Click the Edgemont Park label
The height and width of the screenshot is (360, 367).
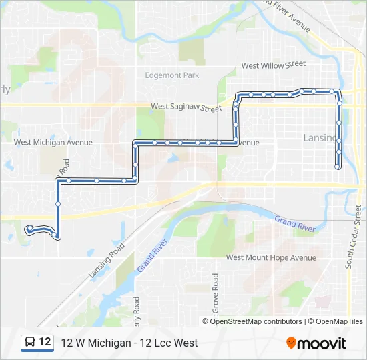point(172,75)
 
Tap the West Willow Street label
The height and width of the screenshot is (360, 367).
point(273,65)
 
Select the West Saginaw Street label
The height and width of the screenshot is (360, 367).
point(186,107)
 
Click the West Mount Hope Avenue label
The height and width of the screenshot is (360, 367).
point(271,257)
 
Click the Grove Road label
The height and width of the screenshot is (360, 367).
point(216,293)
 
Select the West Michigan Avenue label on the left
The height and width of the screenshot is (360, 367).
point(53,143)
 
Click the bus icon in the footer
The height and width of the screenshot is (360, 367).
point(31,343)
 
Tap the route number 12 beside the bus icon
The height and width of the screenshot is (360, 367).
point(45,342)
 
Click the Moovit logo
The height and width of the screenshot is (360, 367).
point(316,343)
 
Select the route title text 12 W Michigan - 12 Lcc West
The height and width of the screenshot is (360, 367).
point(129,343)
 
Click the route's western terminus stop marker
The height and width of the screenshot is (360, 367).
point(29,229)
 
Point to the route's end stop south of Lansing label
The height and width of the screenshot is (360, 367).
point(338,167)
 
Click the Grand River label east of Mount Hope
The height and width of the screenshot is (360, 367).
point(294,223)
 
